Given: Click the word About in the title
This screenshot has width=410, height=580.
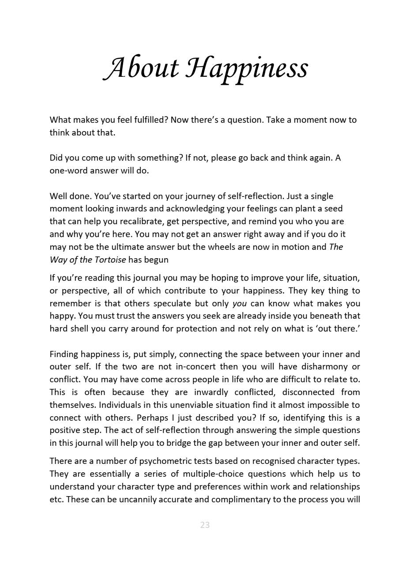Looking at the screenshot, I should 142,68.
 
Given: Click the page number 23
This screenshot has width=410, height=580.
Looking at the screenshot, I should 205,525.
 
